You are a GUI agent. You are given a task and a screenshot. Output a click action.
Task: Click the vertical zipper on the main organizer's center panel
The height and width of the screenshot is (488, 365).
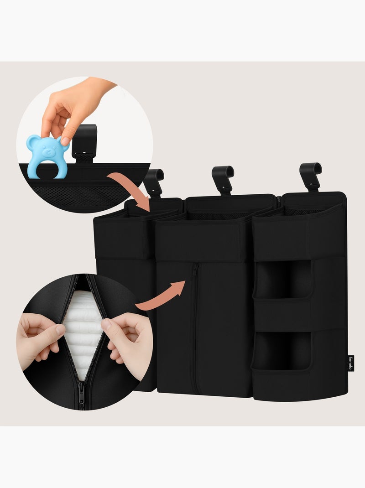pyautogui.click(x=195, y=328)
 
